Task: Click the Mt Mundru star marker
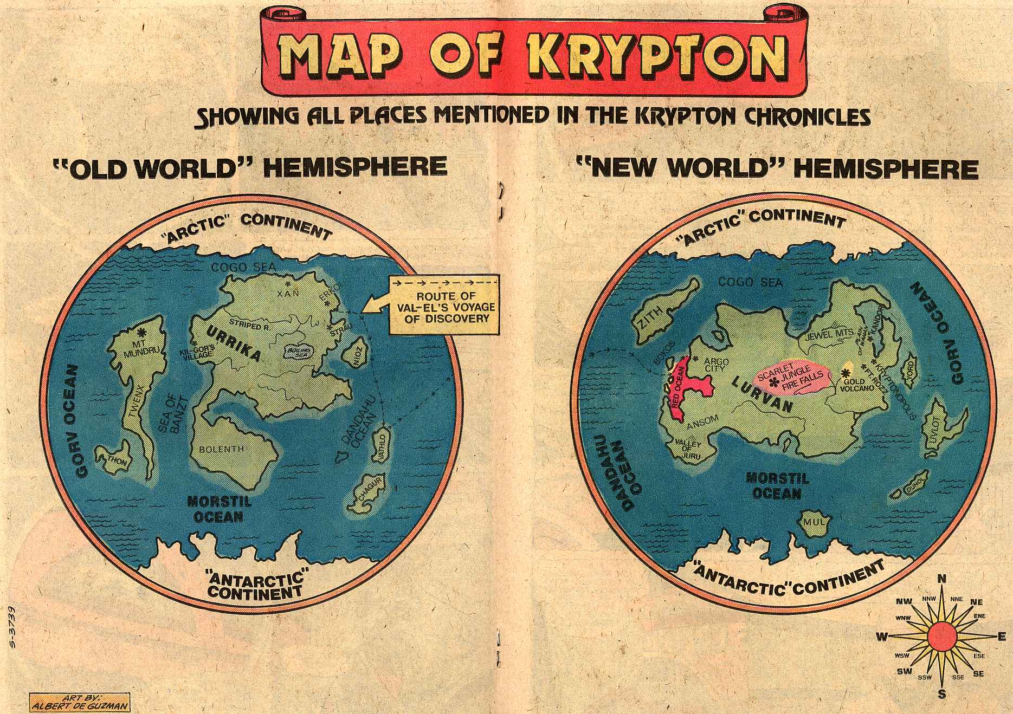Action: (143, 331)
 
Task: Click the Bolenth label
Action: (221, 449)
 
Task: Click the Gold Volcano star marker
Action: (845, 373)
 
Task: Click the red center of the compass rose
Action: (941, 637)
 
